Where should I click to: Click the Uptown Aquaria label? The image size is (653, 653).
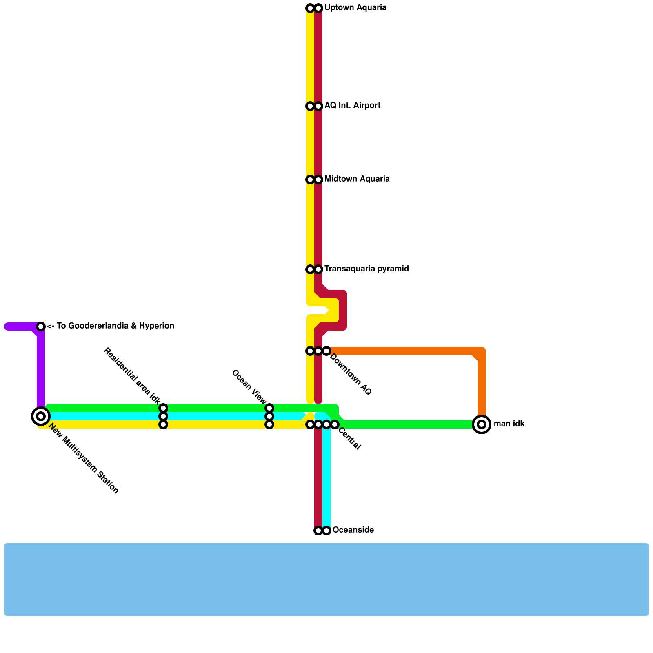pyautogui.click(x=355, y=8)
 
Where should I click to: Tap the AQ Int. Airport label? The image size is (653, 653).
pyautogui.click(x=352, y=106)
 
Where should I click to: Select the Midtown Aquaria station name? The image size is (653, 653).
pyautogui.click(x=357, y=179)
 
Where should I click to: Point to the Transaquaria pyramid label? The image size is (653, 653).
pyautogui.click(x=366, y=269)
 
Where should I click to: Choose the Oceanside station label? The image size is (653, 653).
pyautogui.click(x=353, y=530)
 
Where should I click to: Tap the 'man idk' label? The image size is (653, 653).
pyautogui.click(x=509, y=424)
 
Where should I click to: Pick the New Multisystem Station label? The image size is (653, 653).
pyautogui.click(x=84, y=459)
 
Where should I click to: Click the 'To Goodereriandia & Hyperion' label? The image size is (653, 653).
pyautogui.click(x=110, y=326)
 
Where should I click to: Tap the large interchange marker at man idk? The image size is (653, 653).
pyautogui.click(x=482, y=424)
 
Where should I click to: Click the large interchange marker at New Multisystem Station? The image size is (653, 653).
pyautogui.click(x=41, y=416)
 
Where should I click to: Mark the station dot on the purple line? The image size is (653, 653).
pyautogui.click(x=41, y=326)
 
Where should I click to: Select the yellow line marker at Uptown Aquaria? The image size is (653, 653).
pyautogui.click(x=310, y=8)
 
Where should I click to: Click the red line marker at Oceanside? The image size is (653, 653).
pyautogui.click(x=318, y=531)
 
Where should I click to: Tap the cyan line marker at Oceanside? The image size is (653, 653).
pyautogui.click(x=326, y=531)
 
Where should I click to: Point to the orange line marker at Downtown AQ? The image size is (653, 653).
pyautogui.click(x=326, y=351)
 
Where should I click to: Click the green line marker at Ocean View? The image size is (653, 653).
pyautogui.click(x=269, y=408)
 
